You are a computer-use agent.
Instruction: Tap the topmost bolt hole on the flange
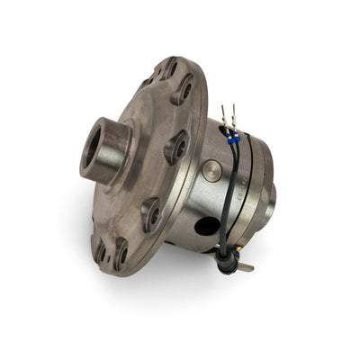(x=169, y=69)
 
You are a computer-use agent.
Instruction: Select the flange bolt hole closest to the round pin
(x=176, y=146)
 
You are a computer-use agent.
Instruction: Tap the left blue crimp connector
(x=230, y=138)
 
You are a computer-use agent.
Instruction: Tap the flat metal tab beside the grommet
(x=244, y=266)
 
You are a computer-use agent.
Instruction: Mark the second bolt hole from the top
(x=183, y=90)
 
